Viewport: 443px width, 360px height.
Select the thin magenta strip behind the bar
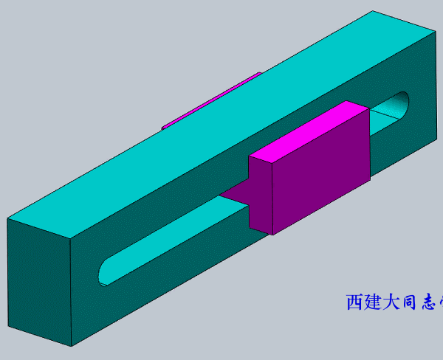pos(210,100)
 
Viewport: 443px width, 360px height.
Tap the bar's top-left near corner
pos(7,219)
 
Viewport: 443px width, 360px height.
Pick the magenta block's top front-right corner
pos(368,111)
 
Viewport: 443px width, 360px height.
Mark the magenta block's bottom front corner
pos(274,235)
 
